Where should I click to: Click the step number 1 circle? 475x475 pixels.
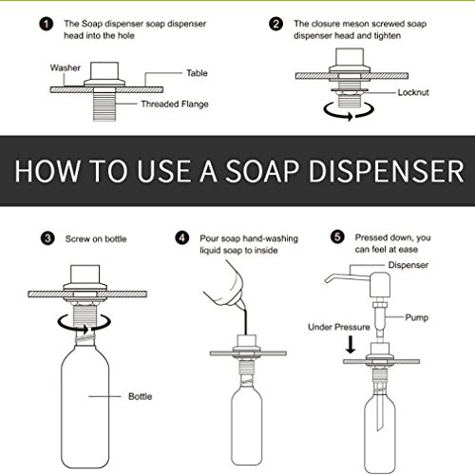[47, 25]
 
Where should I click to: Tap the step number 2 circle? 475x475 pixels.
[275, 24]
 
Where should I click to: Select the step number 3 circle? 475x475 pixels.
[47, 238]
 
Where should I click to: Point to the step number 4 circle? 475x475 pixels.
[182, 237]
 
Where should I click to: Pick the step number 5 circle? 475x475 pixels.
[337, 237]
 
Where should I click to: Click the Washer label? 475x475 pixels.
[66, 67]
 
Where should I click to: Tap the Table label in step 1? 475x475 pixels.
[197, 73]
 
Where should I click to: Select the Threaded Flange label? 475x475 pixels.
[175, 104]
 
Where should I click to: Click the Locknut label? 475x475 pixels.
[413, 92]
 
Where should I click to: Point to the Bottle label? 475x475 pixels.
[140, 396]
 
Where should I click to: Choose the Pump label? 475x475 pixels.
[417, 317]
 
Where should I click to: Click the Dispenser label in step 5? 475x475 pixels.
[408, 265]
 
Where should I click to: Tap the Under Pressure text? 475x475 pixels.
[339, 327]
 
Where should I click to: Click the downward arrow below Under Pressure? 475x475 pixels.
[351, 345]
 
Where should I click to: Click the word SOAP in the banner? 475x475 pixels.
[262, 171]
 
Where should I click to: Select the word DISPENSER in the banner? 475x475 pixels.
[387, 171]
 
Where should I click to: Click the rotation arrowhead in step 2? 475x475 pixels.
[350, 116]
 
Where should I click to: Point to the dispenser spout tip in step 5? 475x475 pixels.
[327, 280]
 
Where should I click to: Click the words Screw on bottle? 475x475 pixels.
[96, 238]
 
